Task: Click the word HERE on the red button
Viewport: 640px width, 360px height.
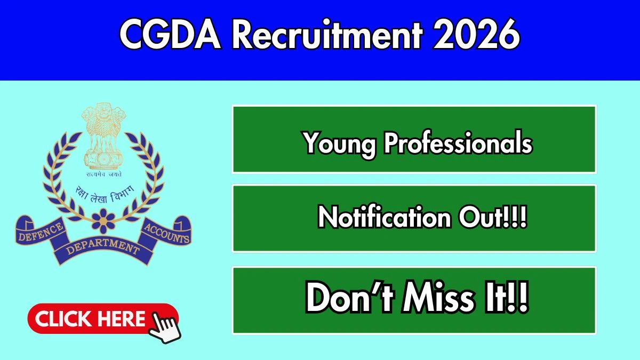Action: (120, 319)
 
